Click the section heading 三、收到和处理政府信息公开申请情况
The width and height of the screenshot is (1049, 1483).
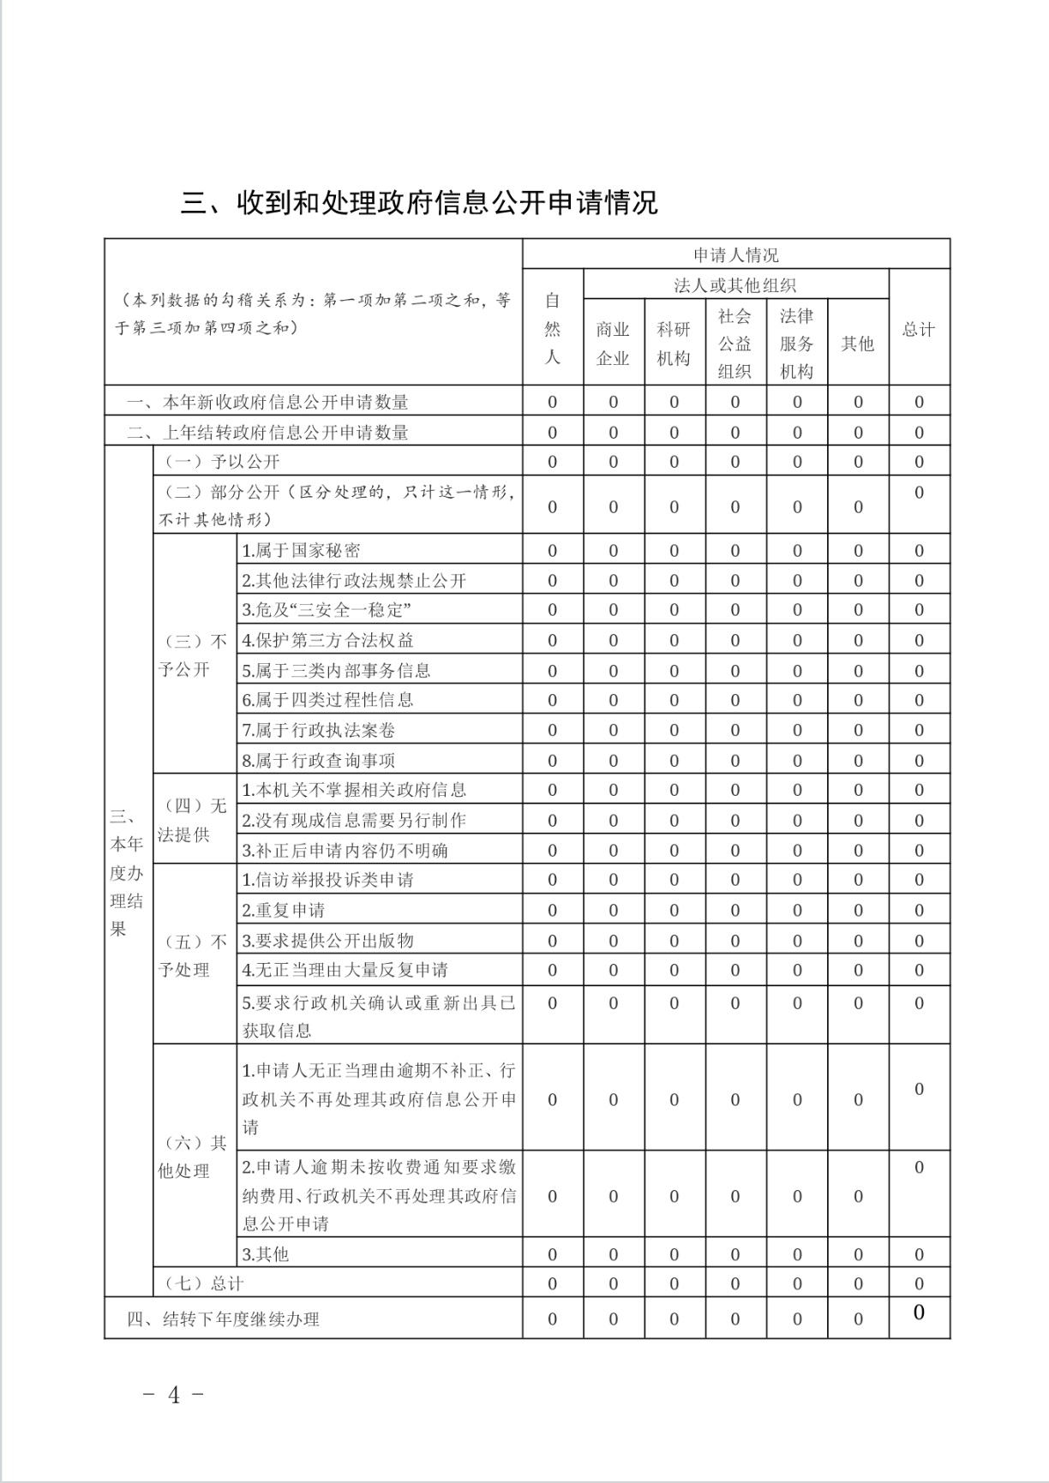(x=418, y=203)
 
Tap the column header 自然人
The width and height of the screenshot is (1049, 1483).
(x=553, y=328)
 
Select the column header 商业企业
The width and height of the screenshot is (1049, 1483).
(x=613, y=344)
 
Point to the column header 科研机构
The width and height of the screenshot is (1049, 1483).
(x=674, y=344)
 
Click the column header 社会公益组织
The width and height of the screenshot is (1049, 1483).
(x=734, y=344)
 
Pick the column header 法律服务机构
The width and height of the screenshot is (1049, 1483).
(x=796, y=344)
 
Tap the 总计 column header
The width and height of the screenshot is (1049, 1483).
(x=919, y=330)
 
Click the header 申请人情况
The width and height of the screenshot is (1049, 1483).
(x=735, y=255)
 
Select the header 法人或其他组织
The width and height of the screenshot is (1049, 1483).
(x=735, y=285)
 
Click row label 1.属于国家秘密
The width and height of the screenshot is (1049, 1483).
(x=301, y=551)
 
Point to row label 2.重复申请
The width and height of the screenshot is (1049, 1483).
(x=284, y=910)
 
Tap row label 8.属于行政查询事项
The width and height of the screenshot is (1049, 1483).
(x=318, y=761)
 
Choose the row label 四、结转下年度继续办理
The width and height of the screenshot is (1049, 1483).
(x=223, y=1319)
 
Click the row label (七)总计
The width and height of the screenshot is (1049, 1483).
(x=204, y=1283)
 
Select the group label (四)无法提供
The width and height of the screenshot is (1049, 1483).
(x=194, y=820)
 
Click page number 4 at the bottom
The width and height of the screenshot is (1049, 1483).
(x=174, y=1396)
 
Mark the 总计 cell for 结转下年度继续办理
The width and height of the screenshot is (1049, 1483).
(x=919, y=1313)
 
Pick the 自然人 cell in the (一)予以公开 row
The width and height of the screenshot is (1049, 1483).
(x=553, y=462)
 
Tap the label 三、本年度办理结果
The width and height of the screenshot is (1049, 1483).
(x=127, y=872)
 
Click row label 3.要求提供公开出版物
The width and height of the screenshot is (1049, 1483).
(x=327, y=941)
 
